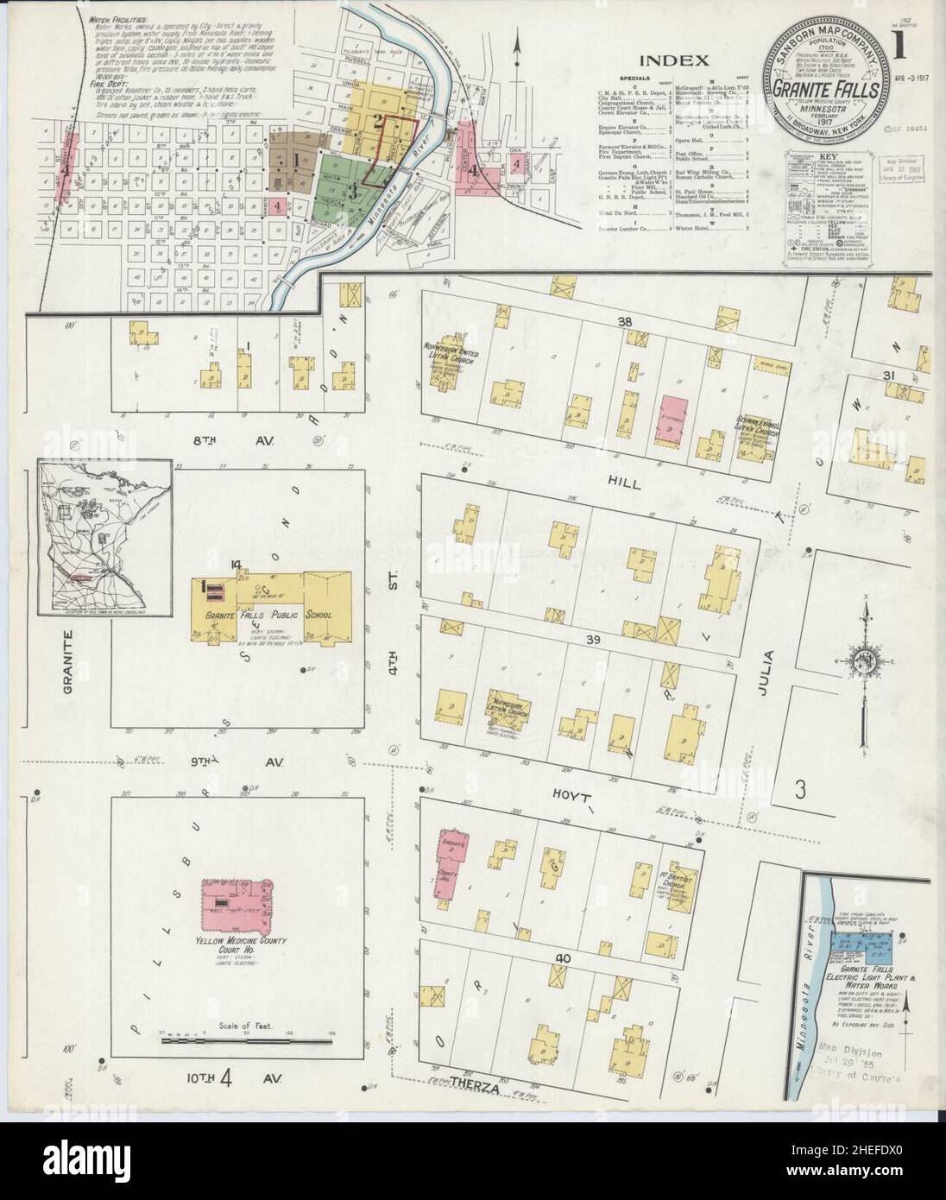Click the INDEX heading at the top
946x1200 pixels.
pos(675,60)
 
